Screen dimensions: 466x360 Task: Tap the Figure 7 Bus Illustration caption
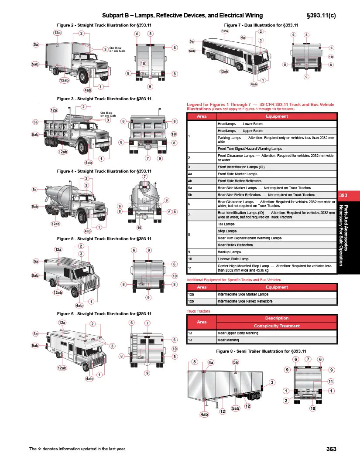(261, 25)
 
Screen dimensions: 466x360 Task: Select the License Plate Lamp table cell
(277, 259)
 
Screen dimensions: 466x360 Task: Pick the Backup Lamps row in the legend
(277, 252)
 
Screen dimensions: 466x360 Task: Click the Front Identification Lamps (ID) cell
(277, 167)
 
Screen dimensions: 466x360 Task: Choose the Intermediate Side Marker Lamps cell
(277, 294)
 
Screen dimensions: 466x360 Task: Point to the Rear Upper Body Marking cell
(277, 333)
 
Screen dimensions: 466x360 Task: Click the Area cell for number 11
(201, 268)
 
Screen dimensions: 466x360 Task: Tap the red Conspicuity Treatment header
(277, 326)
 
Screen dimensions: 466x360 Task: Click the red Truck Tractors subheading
(198, 311)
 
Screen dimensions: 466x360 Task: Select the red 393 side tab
(343, 196)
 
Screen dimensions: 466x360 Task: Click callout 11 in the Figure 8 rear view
(331, 381)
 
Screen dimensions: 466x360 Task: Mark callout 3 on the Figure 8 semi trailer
(272, 382)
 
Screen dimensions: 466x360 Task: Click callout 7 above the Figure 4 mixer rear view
(144, 177)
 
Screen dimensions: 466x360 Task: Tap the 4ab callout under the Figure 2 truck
(88, 90)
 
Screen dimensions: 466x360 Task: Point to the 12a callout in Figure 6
(62, 323)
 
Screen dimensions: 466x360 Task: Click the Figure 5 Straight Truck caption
(104, 239)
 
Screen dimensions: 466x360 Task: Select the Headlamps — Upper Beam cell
(277, 131)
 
